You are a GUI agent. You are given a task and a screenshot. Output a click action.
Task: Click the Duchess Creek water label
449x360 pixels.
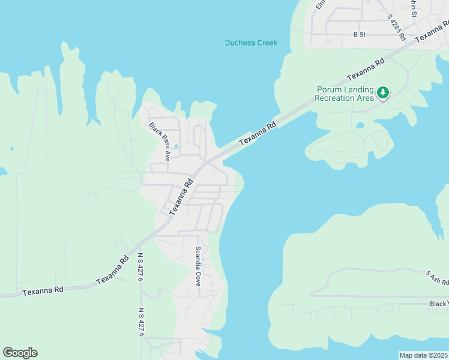click(251, 43)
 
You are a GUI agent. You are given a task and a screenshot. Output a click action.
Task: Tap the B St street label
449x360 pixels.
click(359, 35)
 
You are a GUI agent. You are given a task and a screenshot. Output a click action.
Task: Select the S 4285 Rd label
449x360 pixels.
click(397, 28)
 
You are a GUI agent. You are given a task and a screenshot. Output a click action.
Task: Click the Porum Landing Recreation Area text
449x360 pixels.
click(344, 94)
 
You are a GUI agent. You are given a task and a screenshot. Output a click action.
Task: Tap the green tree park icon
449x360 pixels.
click(382, 92)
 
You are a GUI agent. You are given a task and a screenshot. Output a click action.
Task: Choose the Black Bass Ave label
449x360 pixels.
click(160, 142)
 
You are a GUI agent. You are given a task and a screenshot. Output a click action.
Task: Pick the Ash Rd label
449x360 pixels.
click(438, 277)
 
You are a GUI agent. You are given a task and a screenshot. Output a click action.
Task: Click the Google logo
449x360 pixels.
click(20, 353)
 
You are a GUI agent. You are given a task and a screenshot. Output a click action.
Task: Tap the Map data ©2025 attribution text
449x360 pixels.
click(423, 355)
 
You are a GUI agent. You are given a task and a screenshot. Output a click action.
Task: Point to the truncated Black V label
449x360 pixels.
click(439, 304)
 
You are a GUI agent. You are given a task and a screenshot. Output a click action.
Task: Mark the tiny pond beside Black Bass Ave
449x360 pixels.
click(176, 146)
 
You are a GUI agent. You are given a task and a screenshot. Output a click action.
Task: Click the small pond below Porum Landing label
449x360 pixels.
click(360, 125)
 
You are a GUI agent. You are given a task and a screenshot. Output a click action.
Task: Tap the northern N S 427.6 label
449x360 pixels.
click(140, 266)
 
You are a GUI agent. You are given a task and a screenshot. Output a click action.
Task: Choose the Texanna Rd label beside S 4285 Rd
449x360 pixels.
click(432, 30)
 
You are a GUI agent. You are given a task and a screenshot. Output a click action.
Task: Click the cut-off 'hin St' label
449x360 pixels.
click(413, 7)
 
